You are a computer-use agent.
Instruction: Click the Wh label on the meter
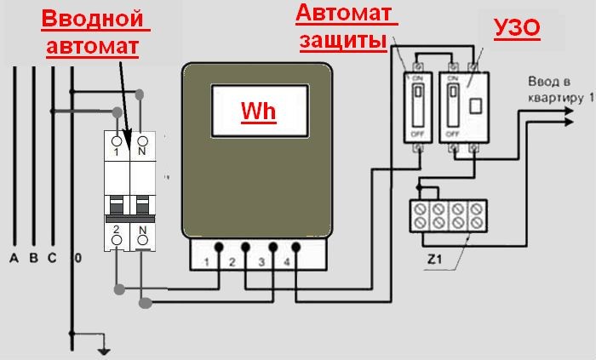pyautogui.click(x=258, y=111)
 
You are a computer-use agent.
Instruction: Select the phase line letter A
pyautogui.click(x=14, y=257)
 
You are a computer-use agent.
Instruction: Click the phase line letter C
pyautogui.click(x=53, y=257)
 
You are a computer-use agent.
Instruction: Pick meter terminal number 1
pyautogui.click(x=207, y=262)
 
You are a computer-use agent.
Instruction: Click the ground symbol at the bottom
pyautogui.click(x=103, y=349)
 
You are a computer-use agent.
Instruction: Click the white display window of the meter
pyautogui.click(x=258, y=111)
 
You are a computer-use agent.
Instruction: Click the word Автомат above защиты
pyautogui.click(x=345, y=13)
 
